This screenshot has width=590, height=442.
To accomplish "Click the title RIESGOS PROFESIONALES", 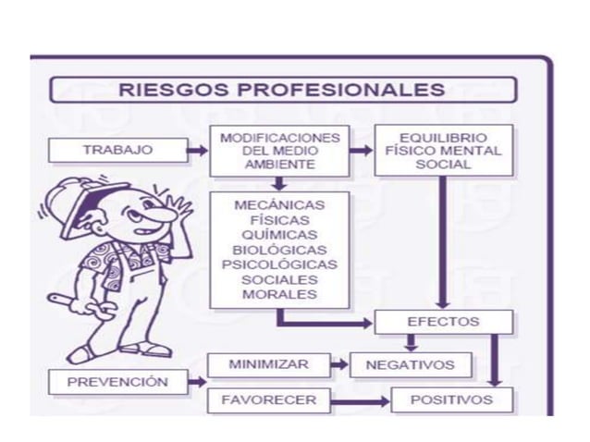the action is [x=282, y=90].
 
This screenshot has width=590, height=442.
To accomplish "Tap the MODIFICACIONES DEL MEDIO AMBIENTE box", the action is [x=279, y=150].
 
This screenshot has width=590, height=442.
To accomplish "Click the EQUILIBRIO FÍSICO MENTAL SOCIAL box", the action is [x=443, y=150].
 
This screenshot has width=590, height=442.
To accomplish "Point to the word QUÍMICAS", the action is [x=279, y=234].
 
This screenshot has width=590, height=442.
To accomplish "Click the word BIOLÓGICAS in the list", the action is [x=279, y=249].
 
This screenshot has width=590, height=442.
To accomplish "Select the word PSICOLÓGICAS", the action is [x=279, y=264].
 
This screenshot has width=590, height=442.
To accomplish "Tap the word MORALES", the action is [x=279, y=294].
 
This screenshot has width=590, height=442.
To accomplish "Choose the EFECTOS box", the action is [x=443, y=322].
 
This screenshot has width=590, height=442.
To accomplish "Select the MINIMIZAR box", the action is [x=268, y=364].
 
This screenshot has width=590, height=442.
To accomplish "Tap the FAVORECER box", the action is [x=268, y=400].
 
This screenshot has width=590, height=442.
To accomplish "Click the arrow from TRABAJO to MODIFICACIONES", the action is [x=197, y=150].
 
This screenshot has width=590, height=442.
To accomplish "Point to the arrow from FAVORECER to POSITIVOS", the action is [x=361, y=400].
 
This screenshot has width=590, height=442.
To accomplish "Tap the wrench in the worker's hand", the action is [x=63, y=301].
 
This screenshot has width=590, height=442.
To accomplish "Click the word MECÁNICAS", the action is [x=279, y=204].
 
